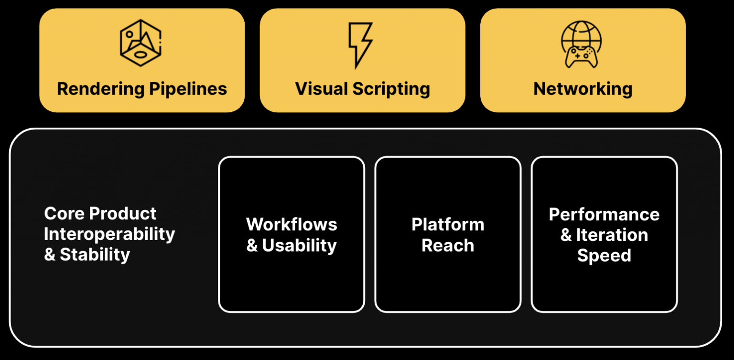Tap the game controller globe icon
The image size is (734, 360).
click(x=581, y=44)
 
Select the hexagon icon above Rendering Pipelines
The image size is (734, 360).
click(x=140, y=43)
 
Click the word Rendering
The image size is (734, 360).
click(x=100, y=89)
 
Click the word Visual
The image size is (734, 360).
click(x=321, y=89)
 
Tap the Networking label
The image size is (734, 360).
click(x=583, y=89)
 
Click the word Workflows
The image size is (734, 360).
click(x=291, y=224)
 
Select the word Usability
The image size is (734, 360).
click(x=300, y=245)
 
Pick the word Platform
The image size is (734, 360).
click(x=448, y=224)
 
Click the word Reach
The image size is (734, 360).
click(x=448, y=245)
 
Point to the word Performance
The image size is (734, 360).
click(x=604, y=214)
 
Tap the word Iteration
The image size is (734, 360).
click(x=612, y=235)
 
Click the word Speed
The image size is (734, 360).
click(x=604, y=255)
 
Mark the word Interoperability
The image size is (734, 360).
click(x=109, y=234)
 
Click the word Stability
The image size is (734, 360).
click(x=95, y=255)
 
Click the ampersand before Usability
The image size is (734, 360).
click(x=252, y=246)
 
